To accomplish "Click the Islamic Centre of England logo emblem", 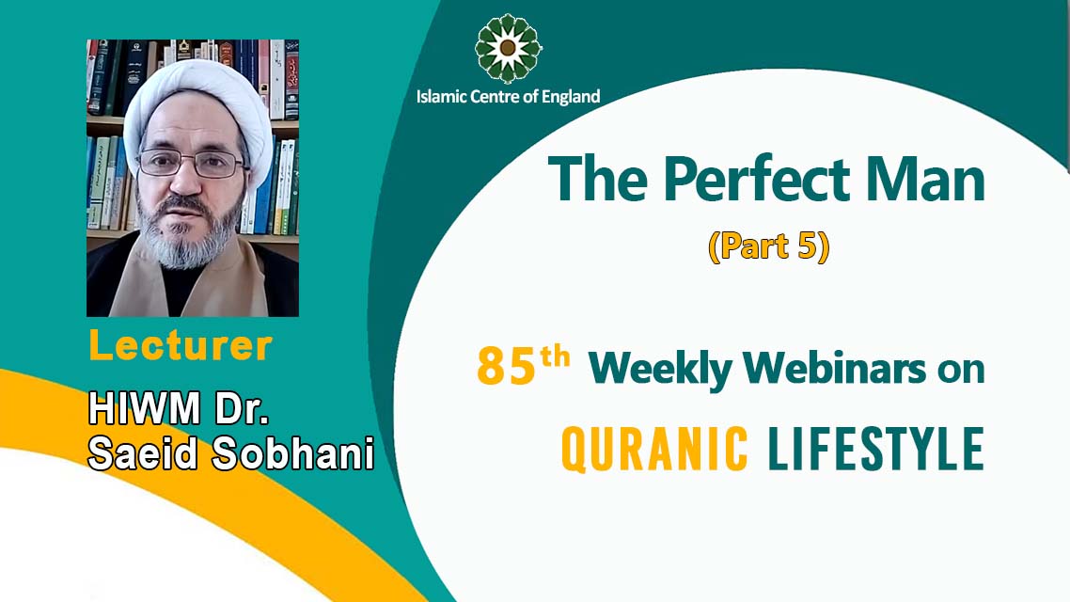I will tap(508, 48).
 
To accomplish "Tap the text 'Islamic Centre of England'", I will tap(508, 96).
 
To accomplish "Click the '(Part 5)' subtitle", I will tap(767, 246).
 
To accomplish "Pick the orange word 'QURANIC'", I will tap(654, 449).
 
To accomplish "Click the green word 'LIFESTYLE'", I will tap(875, 449).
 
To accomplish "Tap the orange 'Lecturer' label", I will tap(181, 346).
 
